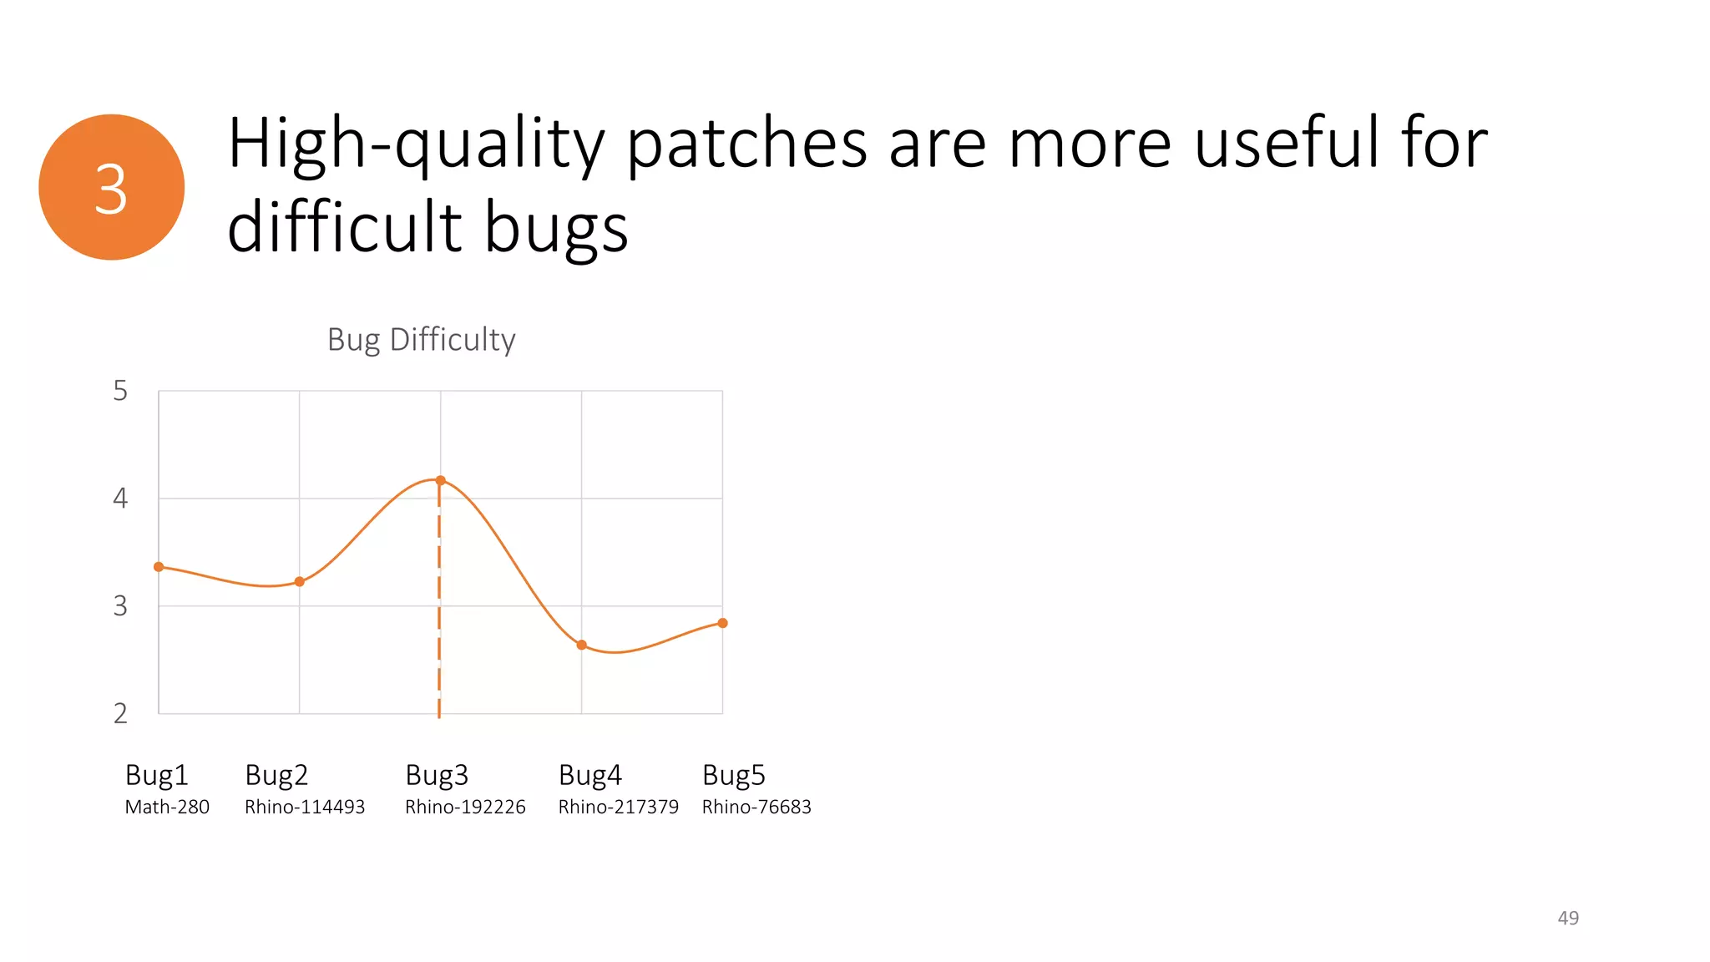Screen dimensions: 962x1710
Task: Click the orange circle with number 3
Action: click(111, 187)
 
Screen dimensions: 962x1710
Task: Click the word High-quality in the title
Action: click(415, 144)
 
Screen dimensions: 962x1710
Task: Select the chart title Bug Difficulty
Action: click(421, 340)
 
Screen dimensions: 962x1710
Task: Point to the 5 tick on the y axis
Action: click(120, 391)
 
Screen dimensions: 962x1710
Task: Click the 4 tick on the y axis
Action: click(120, 499)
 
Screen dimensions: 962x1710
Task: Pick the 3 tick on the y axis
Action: click(120, 606)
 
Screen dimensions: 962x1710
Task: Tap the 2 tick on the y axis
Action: click(120, 713)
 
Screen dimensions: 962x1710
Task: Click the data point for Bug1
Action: click(159, 567)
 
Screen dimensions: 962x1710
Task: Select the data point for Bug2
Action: click(300, 581)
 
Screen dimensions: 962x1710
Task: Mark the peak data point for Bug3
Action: click(441, 480)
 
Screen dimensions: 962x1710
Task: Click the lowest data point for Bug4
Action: click(582, 645)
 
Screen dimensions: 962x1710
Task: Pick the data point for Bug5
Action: click(722, 623)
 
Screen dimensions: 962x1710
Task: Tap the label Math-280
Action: click(167, 807)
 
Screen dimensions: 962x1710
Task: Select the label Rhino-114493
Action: click(305, 807)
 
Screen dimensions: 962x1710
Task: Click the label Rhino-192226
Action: click(465, 807)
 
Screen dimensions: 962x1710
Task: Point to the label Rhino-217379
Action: click(619, 807)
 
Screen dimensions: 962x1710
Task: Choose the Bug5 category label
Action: click(733, 775)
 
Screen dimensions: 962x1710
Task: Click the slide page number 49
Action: click(1568, 918)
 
